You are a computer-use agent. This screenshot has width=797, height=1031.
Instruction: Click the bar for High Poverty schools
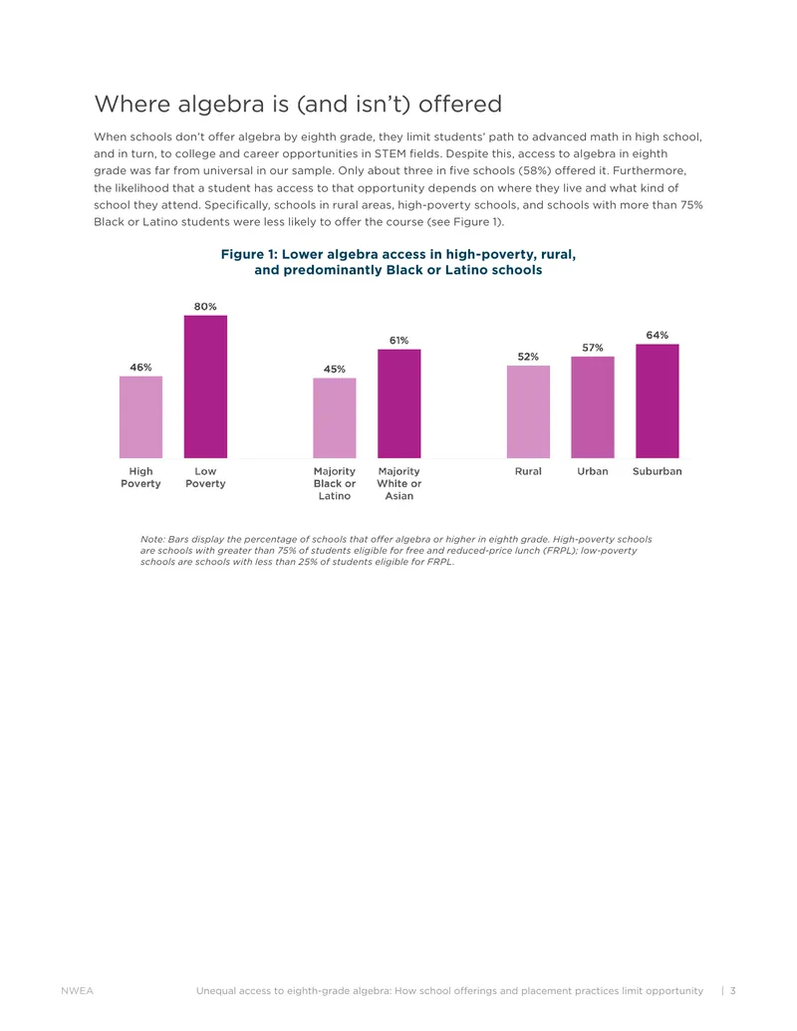tap(140, 416)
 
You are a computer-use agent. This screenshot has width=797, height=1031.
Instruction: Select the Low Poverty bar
tap(205, 387)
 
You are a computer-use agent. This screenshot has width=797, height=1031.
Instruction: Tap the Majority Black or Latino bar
tap(334, 418)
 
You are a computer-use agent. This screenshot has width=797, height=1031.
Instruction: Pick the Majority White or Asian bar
tap(398, 403)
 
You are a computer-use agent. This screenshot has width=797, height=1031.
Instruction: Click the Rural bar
tap(528, 411)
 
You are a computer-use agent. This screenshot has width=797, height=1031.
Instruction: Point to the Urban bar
tap(593, 407)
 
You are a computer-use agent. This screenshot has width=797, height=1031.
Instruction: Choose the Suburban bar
tap(657, 401)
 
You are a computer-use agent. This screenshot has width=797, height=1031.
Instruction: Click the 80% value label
tap(205, 307)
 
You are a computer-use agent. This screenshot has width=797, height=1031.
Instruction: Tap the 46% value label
tap(140, 367)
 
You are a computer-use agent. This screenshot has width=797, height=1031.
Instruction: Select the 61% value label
tap(398, 340)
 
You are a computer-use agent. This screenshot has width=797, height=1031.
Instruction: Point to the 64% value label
tap(657, 335)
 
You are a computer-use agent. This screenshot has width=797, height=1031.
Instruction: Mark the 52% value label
tap(528, 357)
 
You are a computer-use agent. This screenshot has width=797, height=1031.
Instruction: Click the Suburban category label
tap(657, 471)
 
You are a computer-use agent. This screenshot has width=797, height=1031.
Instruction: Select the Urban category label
tap(593, 471)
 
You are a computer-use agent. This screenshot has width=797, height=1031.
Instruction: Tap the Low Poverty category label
tap(205, 477)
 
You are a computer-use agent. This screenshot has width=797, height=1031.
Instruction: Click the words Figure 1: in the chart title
tap(249, 254)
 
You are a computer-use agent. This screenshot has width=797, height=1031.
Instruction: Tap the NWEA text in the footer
tap(77, 990)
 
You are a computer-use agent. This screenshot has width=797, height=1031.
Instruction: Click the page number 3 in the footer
tap(732, 990)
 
